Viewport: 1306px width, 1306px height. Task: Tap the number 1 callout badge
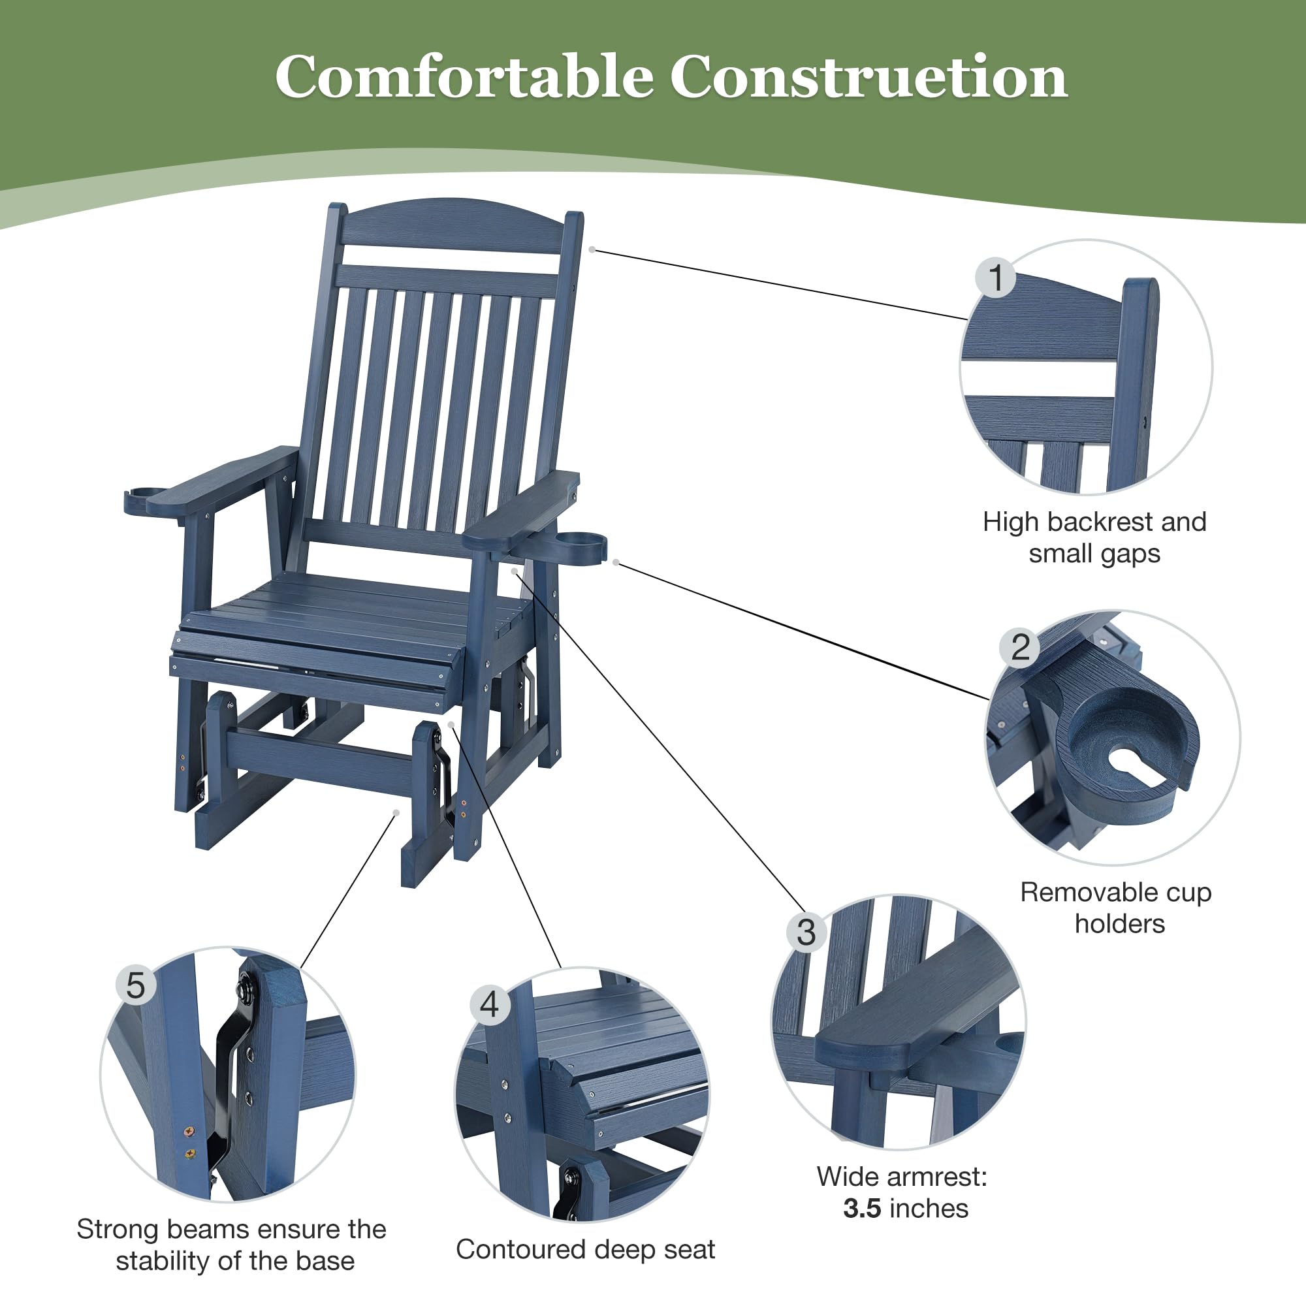tap(995, 278)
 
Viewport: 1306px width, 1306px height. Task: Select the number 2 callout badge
tap(1020, 647)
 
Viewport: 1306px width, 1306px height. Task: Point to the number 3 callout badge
tap(806, 933)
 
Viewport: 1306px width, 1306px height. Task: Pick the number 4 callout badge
tap(489, 1004)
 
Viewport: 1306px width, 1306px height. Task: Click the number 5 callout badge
tap(136, 985)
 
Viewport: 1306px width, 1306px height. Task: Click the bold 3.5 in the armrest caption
tap(862, 1208)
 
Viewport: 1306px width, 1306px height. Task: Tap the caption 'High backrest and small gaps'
tap(1094, 537)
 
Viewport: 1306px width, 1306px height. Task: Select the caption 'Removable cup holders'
tap(1116, 908)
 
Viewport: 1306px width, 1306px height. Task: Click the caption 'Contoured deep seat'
tap(585, 1249)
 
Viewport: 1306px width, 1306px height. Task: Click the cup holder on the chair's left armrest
tap(142, 500)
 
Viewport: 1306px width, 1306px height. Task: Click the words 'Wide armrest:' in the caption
tap(902, 1177)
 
